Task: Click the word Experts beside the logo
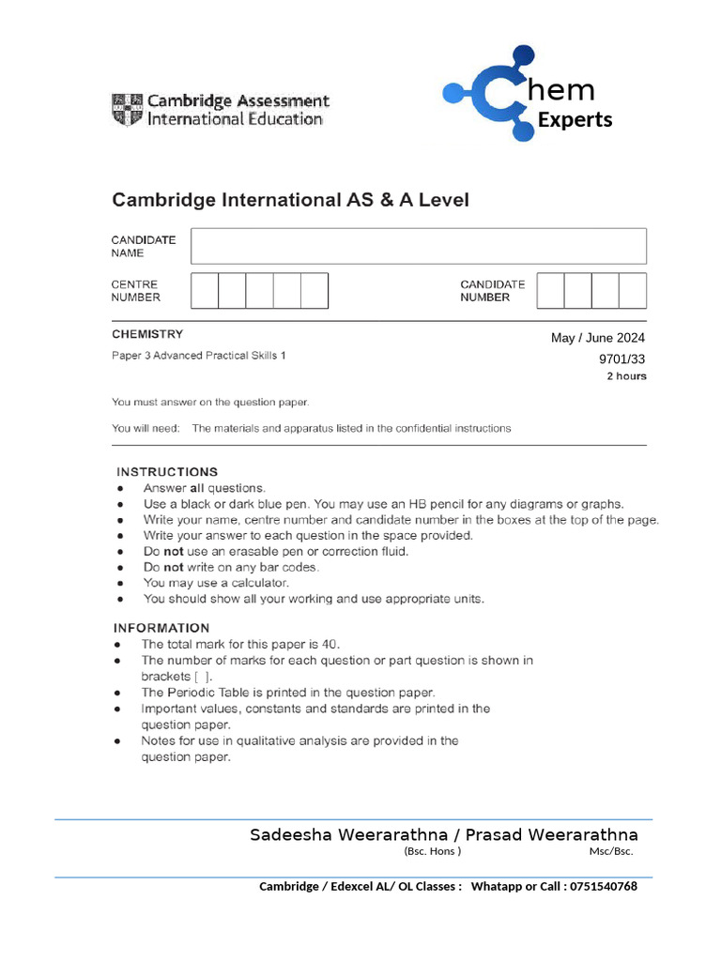tap(575, 119)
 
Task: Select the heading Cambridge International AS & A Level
tap(290, 200)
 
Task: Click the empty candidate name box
tap(419, 246)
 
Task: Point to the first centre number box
tap(205, 291)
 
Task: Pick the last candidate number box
tap(633, 291)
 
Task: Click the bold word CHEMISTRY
tap(147, 334)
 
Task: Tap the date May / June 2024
tap(598, 338)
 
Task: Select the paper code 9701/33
tap(622, 358)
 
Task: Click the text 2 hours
tap(626, 376)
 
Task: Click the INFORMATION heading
tap(161, 628)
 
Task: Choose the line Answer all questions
tap(205, 488)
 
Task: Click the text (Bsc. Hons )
tap(432, 851)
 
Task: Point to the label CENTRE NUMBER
tap(135, 291)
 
